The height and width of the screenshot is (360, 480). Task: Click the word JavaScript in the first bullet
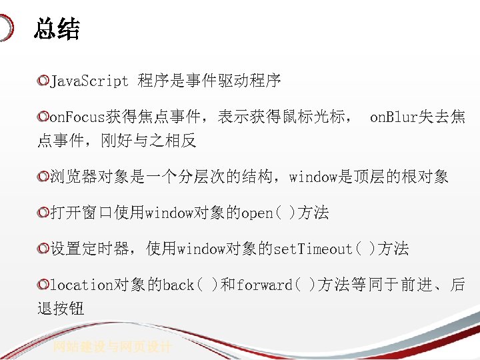pos(89,81)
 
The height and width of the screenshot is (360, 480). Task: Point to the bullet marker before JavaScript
pos(43,81)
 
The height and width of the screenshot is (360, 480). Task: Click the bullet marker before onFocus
pos(43,117)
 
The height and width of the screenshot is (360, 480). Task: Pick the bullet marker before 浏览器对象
pos(43,177)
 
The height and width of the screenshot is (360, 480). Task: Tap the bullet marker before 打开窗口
pos(43,213)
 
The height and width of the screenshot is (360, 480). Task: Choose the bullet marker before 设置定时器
pos(43,249)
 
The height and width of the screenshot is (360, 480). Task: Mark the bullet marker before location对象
pos(43,285)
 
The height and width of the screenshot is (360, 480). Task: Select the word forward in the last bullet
pos(264,285)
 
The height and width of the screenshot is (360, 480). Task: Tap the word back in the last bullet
pos(179,285)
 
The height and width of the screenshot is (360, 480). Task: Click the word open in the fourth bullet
pos(257,213)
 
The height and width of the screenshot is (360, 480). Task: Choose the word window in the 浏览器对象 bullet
pos(313,177)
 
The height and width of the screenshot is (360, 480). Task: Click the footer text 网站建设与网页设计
pos(113,347)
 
